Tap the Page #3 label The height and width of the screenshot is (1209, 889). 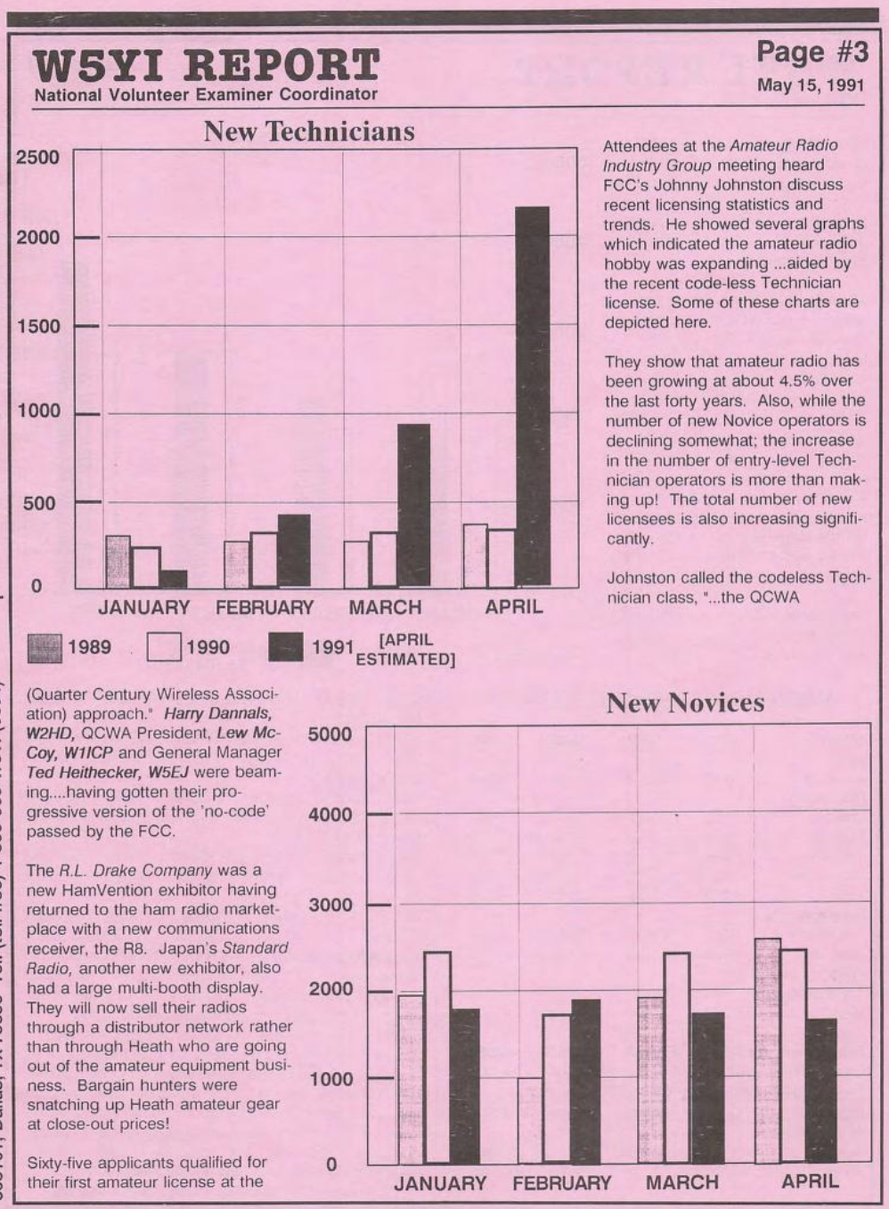[812, 53]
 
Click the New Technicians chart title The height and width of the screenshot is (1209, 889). [309, 132]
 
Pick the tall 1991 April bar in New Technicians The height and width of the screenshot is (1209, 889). [532, 396]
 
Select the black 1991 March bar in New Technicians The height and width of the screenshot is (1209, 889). [413, 505]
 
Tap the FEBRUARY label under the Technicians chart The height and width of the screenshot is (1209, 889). [265, 608]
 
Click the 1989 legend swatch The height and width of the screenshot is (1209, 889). [45, 647]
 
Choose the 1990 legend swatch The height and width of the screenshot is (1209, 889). [164, 647]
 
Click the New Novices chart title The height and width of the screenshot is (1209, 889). [685, 703]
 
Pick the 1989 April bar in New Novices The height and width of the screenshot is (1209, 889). [767, 1050]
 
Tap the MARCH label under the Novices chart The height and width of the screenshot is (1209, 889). [681, 1183]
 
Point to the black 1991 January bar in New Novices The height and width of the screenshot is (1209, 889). [465, 1085]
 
